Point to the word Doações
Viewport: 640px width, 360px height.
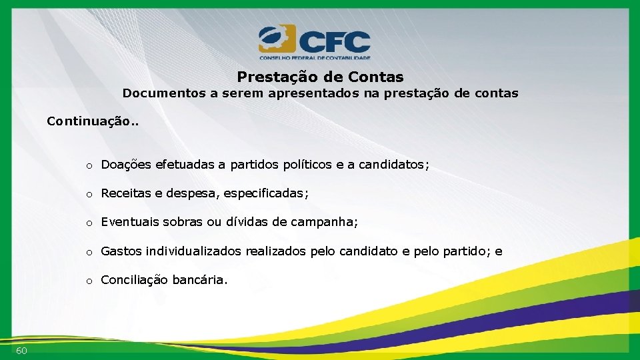127,165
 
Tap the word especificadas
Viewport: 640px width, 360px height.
265,193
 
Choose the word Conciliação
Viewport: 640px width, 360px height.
135,280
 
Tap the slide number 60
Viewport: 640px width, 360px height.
21,351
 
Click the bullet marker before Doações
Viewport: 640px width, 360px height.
88,165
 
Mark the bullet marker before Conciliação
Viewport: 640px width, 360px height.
88,281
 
